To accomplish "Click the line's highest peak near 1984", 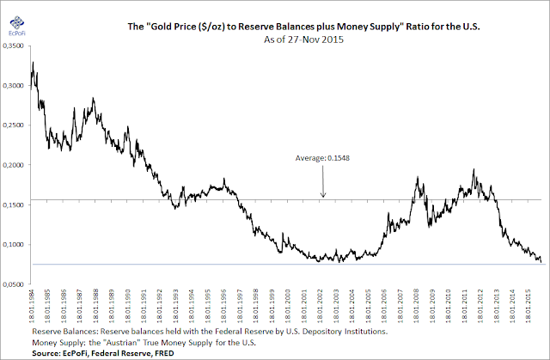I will pos(33,64).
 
